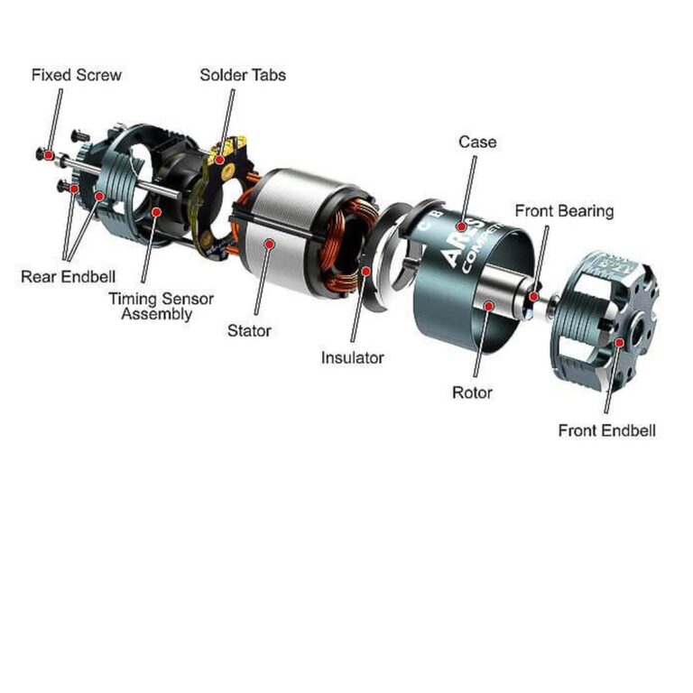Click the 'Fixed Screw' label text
pyautogui.click(x=76, y=75)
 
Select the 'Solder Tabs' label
pyautogui.click(x=243, y=75)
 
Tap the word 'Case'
pyautogui.click(x=476, y=143)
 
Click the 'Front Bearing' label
pyautogui.click(x=564, y=211)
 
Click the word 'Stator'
pyautogui.click(x=249, y=331)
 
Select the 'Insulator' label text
pyautogui.click(x=352, y=358)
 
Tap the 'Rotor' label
pyautogui.click(x=472, y=393)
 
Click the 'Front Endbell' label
pyautogui.click(x=606, y=430)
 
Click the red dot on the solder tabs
pyautogui.click(x=219, y=160)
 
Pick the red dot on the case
pyautogui.click(x=460, y=226)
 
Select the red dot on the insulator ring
pyautogui.click(x=365, y=270)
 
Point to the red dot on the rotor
pyautogui.click(x=487, y=307)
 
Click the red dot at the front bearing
pyautogui.click(x=533, y=296)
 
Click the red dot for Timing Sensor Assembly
pyautogui.click(x=156, y=213)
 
